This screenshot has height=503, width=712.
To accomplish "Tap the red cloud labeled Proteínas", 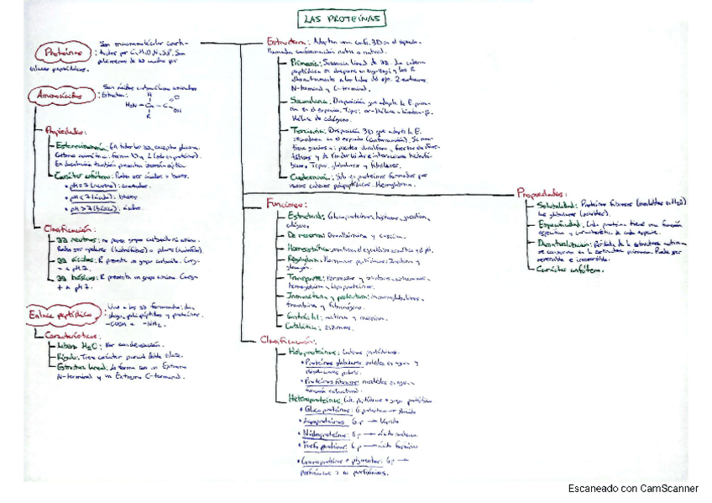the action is point(64,52).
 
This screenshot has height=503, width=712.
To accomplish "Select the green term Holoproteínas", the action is point(316,352).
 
